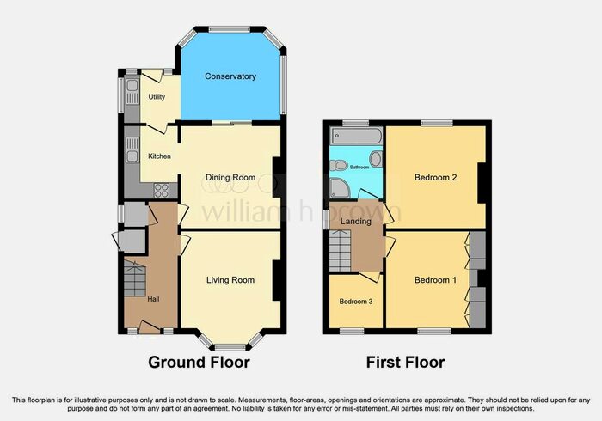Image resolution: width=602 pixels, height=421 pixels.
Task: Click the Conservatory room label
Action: pos(230,76)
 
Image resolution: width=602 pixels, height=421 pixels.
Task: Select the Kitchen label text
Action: pos(159,156)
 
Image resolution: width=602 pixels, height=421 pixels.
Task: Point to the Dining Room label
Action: pos(230,178)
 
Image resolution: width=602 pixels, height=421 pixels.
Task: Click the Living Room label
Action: pos(230,280)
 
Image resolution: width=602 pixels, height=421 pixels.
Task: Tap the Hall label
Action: pos(153,299)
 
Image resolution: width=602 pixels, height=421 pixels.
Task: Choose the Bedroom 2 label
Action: pos(435,178)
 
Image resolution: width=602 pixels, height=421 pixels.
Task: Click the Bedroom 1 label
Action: pos(435,280)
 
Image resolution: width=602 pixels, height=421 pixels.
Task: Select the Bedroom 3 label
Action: pos(355,302)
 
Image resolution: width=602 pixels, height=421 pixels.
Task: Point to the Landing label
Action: pos(356,222)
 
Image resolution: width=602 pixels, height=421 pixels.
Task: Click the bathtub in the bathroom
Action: pos(355,137)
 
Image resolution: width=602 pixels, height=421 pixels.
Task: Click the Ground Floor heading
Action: pos(200,363)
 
